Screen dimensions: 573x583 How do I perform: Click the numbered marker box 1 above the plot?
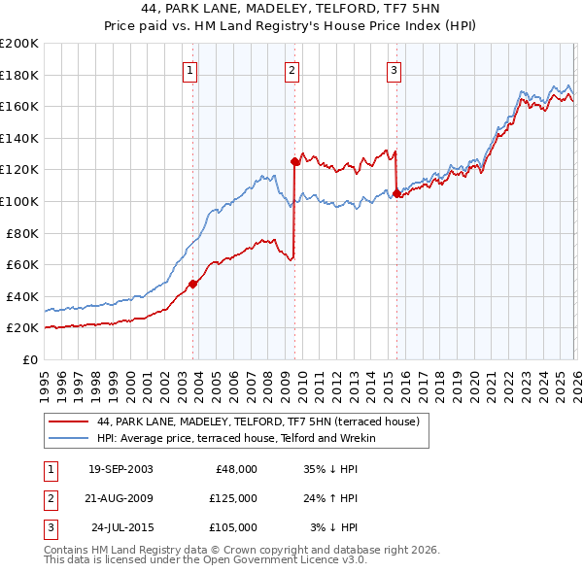(x=189, y=70)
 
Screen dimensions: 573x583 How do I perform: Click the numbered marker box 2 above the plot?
(x=292, y=70)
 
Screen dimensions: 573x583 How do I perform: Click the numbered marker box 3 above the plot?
(x=394, y=70)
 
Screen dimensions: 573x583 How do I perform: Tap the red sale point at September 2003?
(x=193, y=284)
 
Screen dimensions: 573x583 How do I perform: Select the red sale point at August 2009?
(x=294, y=161)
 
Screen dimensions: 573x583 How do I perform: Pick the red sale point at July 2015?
(x=396, y=193)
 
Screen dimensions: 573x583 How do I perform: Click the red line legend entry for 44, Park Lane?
(x=257, y=421)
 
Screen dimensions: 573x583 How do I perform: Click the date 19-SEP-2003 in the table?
(x=120, y=469)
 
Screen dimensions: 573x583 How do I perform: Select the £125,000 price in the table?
(x=232, y=498)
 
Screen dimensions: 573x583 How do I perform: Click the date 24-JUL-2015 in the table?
(x=120, y=527)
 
